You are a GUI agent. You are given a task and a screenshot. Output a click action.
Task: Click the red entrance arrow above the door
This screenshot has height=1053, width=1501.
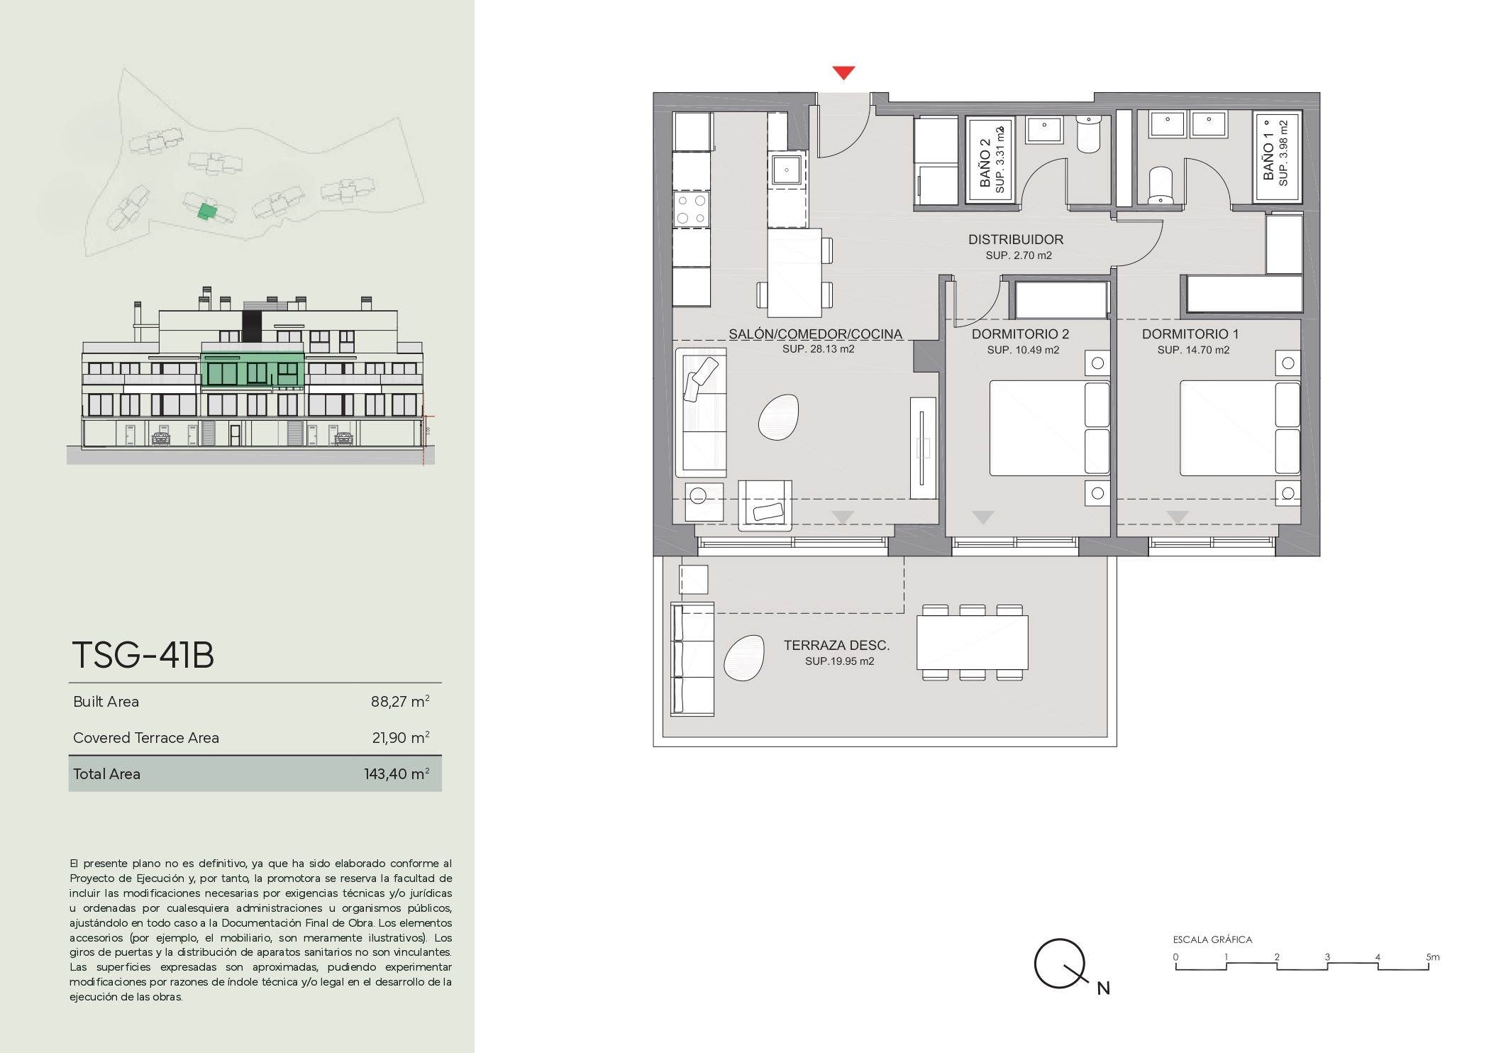pos(843,72)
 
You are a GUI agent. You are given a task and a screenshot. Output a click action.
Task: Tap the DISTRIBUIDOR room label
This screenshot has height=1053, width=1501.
pos(1016,240)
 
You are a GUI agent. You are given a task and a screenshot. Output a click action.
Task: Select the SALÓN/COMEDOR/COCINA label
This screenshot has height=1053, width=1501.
pos(816,334)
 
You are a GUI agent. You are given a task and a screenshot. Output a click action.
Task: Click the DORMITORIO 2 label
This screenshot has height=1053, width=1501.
pos(1020,334)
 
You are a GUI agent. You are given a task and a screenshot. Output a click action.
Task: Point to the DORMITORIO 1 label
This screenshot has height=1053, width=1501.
pos(1190,334)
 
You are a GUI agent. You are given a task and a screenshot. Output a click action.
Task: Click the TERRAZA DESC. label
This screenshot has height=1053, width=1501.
pos(836,645)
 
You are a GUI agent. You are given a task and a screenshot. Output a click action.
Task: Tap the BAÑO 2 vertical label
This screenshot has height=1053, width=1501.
pos(985,162)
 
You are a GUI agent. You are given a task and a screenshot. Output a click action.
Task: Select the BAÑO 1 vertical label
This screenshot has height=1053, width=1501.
pos(1269,157)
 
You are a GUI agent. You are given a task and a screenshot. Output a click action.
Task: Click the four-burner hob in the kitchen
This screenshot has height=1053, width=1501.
pos(691,209)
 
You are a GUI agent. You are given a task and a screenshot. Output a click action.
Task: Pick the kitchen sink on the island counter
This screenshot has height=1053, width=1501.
pos(787,170)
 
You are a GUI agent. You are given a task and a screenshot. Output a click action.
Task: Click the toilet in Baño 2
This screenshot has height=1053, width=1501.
pos(1088,133)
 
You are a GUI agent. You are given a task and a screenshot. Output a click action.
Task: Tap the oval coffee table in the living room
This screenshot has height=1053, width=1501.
pos(778,417)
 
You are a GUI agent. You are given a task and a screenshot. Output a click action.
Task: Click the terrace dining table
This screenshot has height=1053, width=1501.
pos(972,642)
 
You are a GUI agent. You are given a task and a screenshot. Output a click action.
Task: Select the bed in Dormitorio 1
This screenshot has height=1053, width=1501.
pos(1240,428)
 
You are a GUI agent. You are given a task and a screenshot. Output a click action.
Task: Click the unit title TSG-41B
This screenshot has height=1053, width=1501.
pos(143,655)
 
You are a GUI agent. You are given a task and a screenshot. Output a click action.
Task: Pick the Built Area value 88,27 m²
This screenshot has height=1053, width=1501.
pos(400,702)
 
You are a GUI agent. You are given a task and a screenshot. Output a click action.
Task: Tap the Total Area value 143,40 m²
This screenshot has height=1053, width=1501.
pos(397,774)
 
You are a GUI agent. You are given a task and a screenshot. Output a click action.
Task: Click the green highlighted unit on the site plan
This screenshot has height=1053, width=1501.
pos(206,211)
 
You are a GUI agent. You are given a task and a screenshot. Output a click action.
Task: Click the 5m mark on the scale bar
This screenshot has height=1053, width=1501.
pos(1429,964)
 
